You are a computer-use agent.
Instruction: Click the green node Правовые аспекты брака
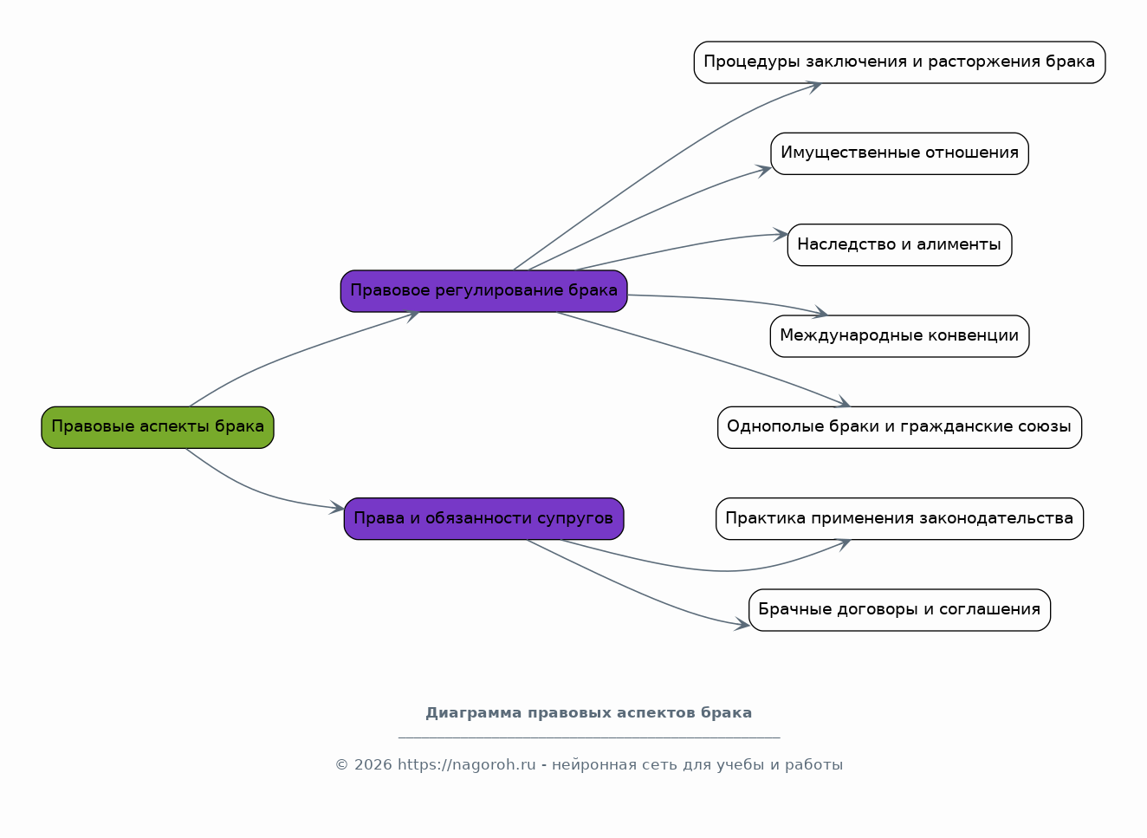158,427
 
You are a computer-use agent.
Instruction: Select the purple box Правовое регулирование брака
483,291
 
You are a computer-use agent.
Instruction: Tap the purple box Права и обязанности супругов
483,519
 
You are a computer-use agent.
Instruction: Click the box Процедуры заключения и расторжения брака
899,62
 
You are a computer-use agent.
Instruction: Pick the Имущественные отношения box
899,153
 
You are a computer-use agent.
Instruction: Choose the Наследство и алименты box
899,245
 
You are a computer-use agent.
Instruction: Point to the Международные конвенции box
899,336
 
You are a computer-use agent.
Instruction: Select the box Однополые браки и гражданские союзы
899,427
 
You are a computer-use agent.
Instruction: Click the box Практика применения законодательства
899,519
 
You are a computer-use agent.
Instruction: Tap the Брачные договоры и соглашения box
899,610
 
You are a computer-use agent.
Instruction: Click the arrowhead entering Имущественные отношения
764,170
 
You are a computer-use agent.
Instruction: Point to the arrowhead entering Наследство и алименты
781,234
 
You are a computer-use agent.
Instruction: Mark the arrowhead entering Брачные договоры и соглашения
742,624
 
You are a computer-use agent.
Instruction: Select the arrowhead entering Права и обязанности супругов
337,509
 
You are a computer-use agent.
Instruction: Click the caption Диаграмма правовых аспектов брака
588,713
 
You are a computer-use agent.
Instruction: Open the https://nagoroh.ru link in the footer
466,765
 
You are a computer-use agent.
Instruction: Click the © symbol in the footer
341,765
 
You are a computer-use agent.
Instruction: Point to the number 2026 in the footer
373,765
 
